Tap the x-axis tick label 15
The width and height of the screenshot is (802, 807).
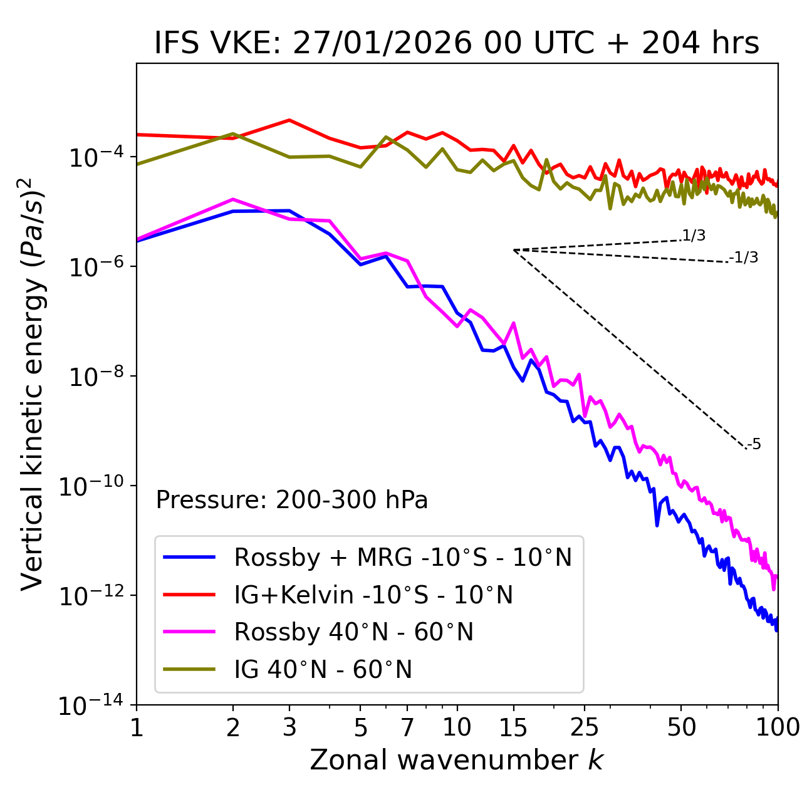click(x=513, y=727)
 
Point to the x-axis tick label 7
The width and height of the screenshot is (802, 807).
click(x=407, y=727)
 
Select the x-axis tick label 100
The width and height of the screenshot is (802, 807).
click(x=778, y=727)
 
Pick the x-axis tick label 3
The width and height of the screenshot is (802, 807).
click(x=289, y=727)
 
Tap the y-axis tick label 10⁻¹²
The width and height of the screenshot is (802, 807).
click(x=91, y=596)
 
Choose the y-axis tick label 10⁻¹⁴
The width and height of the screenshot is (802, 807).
click(x=91, y=705)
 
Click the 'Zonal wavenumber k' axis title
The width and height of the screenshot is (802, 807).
click(x=456, y=760)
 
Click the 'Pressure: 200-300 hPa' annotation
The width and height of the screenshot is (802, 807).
click(x=291, y=500)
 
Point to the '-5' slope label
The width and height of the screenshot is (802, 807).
click(x=754, y=445)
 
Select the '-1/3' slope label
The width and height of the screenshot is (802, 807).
click(x=744, y=258)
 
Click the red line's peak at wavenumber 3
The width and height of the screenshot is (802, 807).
click(x=289, y=120)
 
